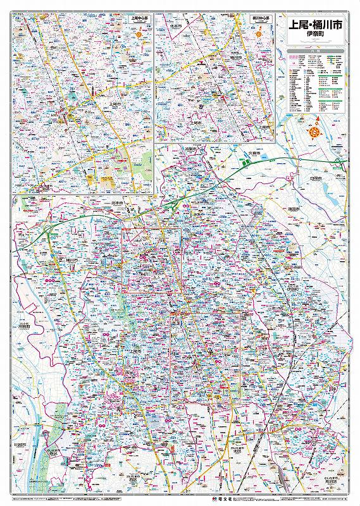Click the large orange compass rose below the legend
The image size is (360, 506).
pos(314,132)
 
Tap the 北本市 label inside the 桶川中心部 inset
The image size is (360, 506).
pos(176,28)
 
